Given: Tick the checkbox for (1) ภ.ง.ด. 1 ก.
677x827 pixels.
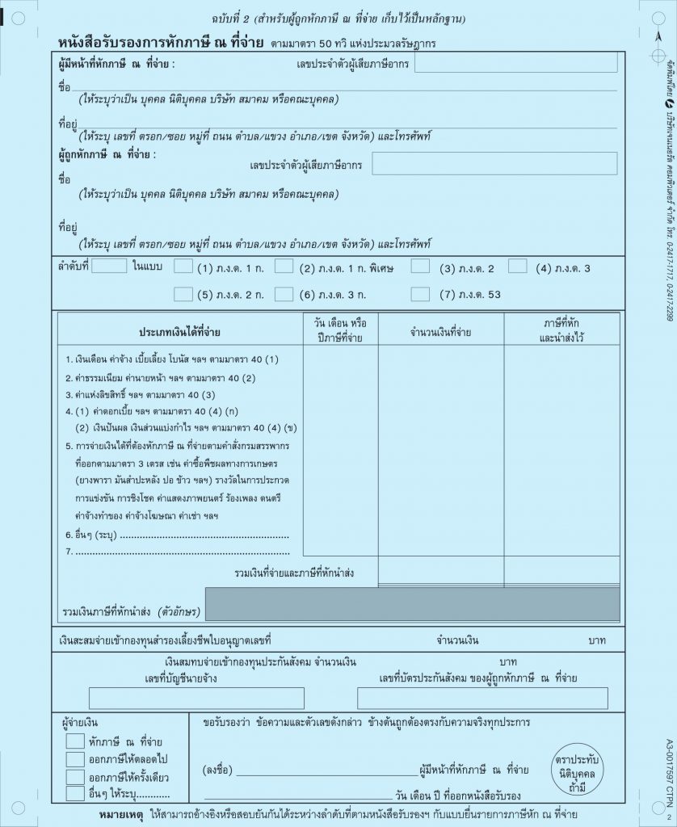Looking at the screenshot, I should (183, 267).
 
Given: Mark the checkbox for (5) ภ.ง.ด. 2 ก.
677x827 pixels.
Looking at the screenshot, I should (183, 295).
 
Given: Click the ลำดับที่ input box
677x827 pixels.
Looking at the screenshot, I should (109, 266).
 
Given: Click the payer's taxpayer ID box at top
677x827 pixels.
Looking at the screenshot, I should (515, 62).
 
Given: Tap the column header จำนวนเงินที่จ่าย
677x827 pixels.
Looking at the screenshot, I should (440, 332).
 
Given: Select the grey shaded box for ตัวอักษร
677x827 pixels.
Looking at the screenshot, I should (412, 604).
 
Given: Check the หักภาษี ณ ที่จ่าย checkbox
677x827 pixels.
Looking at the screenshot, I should (75, 741).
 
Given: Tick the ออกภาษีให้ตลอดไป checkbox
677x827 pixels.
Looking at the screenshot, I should (75, 759).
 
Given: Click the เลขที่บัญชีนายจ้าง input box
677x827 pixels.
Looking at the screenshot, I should (196, 699).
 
